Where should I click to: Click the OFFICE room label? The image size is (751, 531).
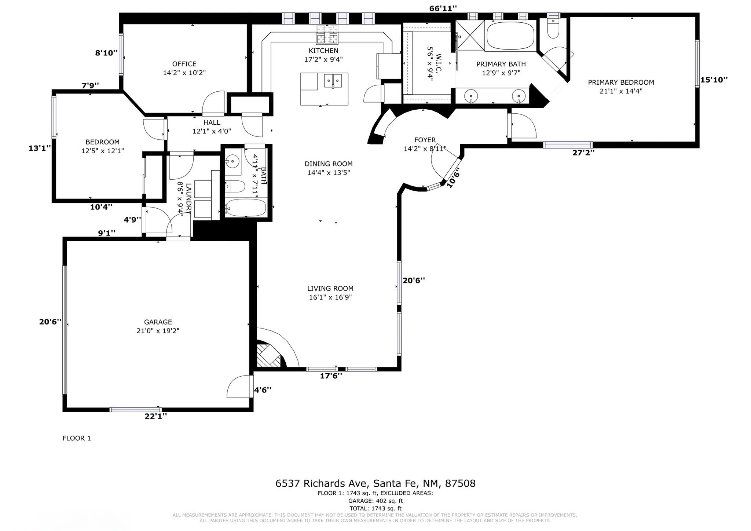(184, 64)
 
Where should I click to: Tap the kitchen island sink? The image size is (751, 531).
(333, 80)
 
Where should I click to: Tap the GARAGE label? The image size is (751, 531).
(158, 322)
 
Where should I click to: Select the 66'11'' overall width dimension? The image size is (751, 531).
(443, 8)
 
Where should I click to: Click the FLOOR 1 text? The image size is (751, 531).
(77, 438)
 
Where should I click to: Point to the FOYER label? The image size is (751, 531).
(425, 140)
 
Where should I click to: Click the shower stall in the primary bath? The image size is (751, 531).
(470, 35)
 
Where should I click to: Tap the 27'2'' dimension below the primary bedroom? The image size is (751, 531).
(583, 153)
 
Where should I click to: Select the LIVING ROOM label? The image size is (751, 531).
(330, 289)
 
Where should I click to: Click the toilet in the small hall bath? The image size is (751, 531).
(235, 187)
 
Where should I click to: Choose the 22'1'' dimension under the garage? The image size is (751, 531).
(155, 416)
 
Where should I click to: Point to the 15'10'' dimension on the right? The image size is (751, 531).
(714, 80)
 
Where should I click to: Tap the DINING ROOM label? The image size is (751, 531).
(329, 164)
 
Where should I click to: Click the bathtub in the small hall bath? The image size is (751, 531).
(245, 208)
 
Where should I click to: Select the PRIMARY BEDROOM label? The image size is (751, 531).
(621, 83)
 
